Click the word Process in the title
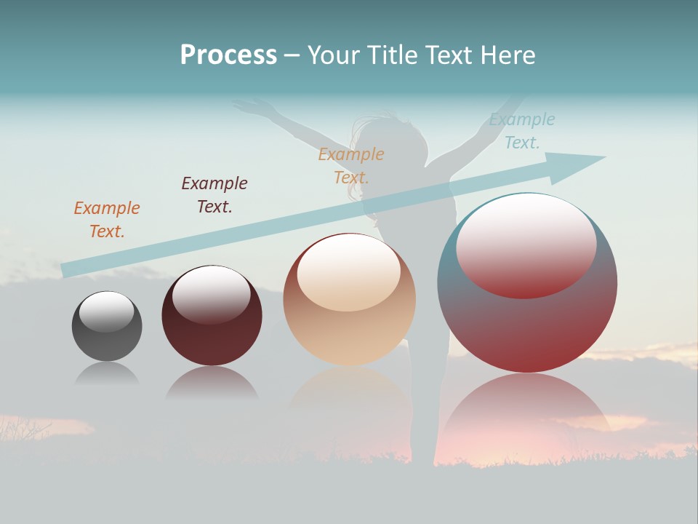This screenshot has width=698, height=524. point(228,55)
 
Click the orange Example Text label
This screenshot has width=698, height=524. point(107,219)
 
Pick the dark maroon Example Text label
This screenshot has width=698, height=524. point(214,195)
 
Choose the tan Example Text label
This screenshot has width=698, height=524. point(351,165)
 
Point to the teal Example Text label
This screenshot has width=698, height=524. point(522,131)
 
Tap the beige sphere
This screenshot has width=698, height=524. point(350,320)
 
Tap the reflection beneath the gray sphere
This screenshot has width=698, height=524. point(107,374)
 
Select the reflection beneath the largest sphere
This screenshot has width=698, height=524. point(526,415)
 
